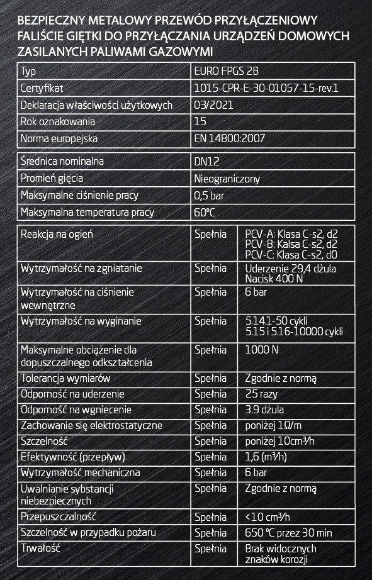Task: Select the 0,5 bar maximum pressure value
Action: click(x=210, y=196)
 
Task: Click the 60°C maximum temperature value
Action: click(x=205, y=212)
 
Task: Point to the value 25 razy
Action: click(x=259, y=394)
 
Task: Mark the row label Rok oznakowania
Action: click(x=57, y=121)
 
